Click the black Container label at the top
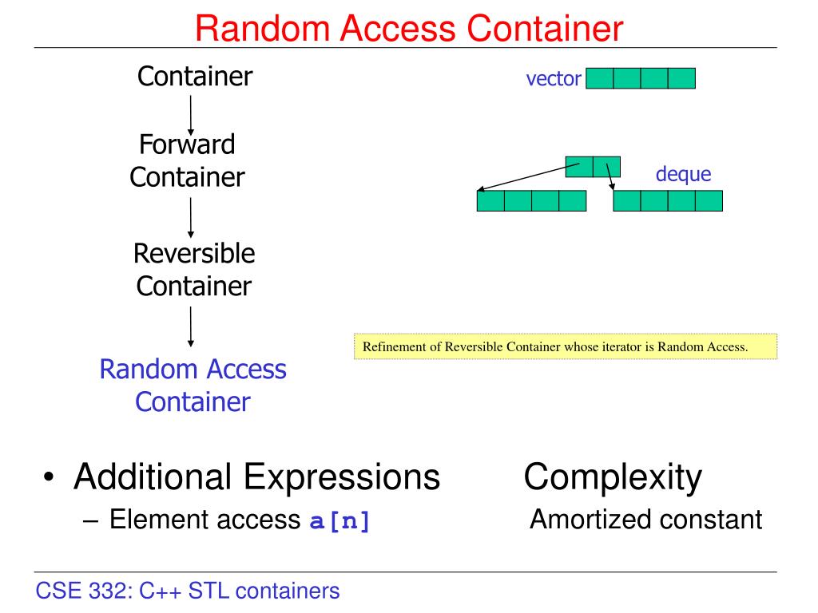[195, 77]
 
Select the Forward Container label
[187, 160]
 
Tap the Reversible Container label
[194, 270]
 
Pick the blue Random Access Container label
[193, 385]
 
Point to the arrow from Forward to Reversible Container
[191, 218]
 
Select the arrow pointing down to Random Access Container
[191, 326]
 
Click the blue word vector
[553, 80]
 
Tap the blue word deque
[683, 175]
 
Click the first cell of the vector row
[600, 78]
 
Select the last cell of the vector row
[681, 78]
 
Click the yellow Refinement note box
[565, 347]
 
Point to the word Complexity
[613, 477]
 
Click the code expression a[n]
[340, 522]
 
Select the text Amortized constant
[645, 520]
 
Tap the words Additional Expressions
[256, 477]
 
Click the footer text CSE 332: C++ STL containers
[188, 591]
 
